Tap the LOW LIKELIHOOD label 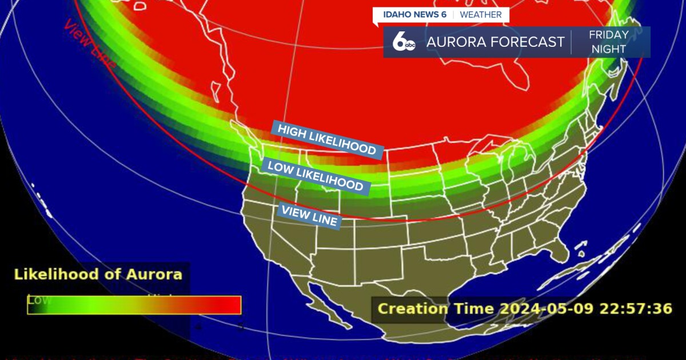pyautogui.click(x=315, y=176)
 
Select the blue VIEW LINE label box pyautogui.click(x=309, y=217)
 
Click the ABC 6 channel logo pyautogui.click(x=404, y=42)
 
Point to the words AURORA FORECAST pyautogui.click(x=495, y=42)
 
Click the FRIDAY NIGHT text pyautogui.click(x=608, y=42)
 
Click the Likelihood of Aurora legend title pyautogui.click(x=98, y=274)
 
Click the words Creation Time pyautogui.click(x=436, y=309)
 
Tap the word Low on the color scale pyautogui.click(x=39, y=299)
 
